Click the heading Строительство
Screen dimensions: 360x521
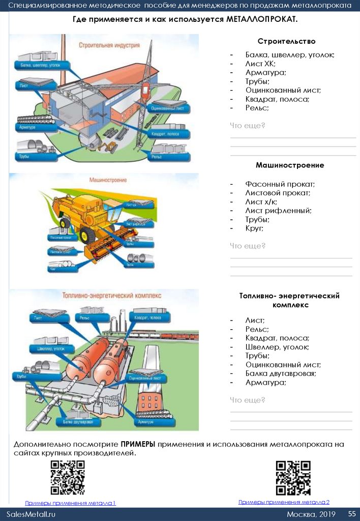[x=286, y=41]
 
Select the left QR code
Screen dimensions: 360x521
[x=68, y=477]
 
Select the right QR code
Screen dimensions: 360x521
[x=293, y=477]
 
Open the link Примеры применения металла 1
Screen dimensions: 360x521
[x=71, y=503]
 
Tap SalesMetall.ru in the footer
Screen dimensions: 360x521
[x=31, y=514]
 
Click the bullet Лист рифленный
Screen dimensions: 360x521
[x=278, y=211]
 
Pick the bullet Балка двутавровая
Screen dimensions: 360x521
[x=281, y=373]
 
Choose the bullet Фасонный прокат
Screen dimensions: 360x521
[x=280, y=184]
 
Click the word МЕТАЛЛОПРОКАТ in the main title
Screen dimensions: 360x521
[x=261, y=19]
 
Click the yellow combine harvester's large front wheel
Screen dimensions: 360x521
[x=87, y=235]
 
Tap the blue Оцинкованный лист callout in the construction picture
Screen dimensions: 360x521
[x=169, y=108]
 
